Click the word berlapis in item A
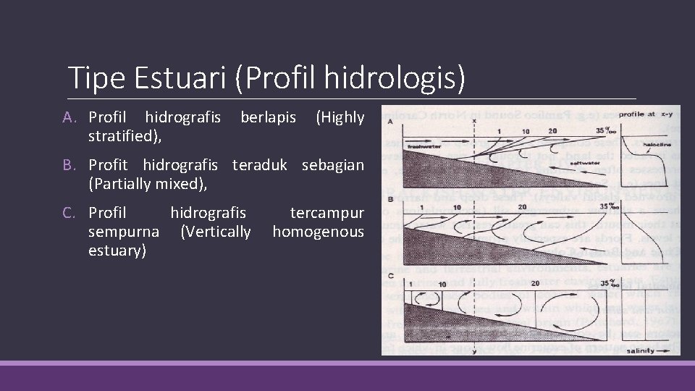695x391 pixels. pyautogui.click(x=267, y=117)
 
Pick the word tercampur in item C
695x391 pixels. pyautogui.click(x=327, y=214)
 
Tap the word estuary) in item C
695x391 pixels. pyautogui.click(x=117, y=250)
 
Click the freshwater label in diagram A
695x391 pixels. pyautogui.click(x=423, y=147)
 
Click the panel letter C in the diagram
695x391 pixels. pyautogui.click(x=391, y=275)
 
